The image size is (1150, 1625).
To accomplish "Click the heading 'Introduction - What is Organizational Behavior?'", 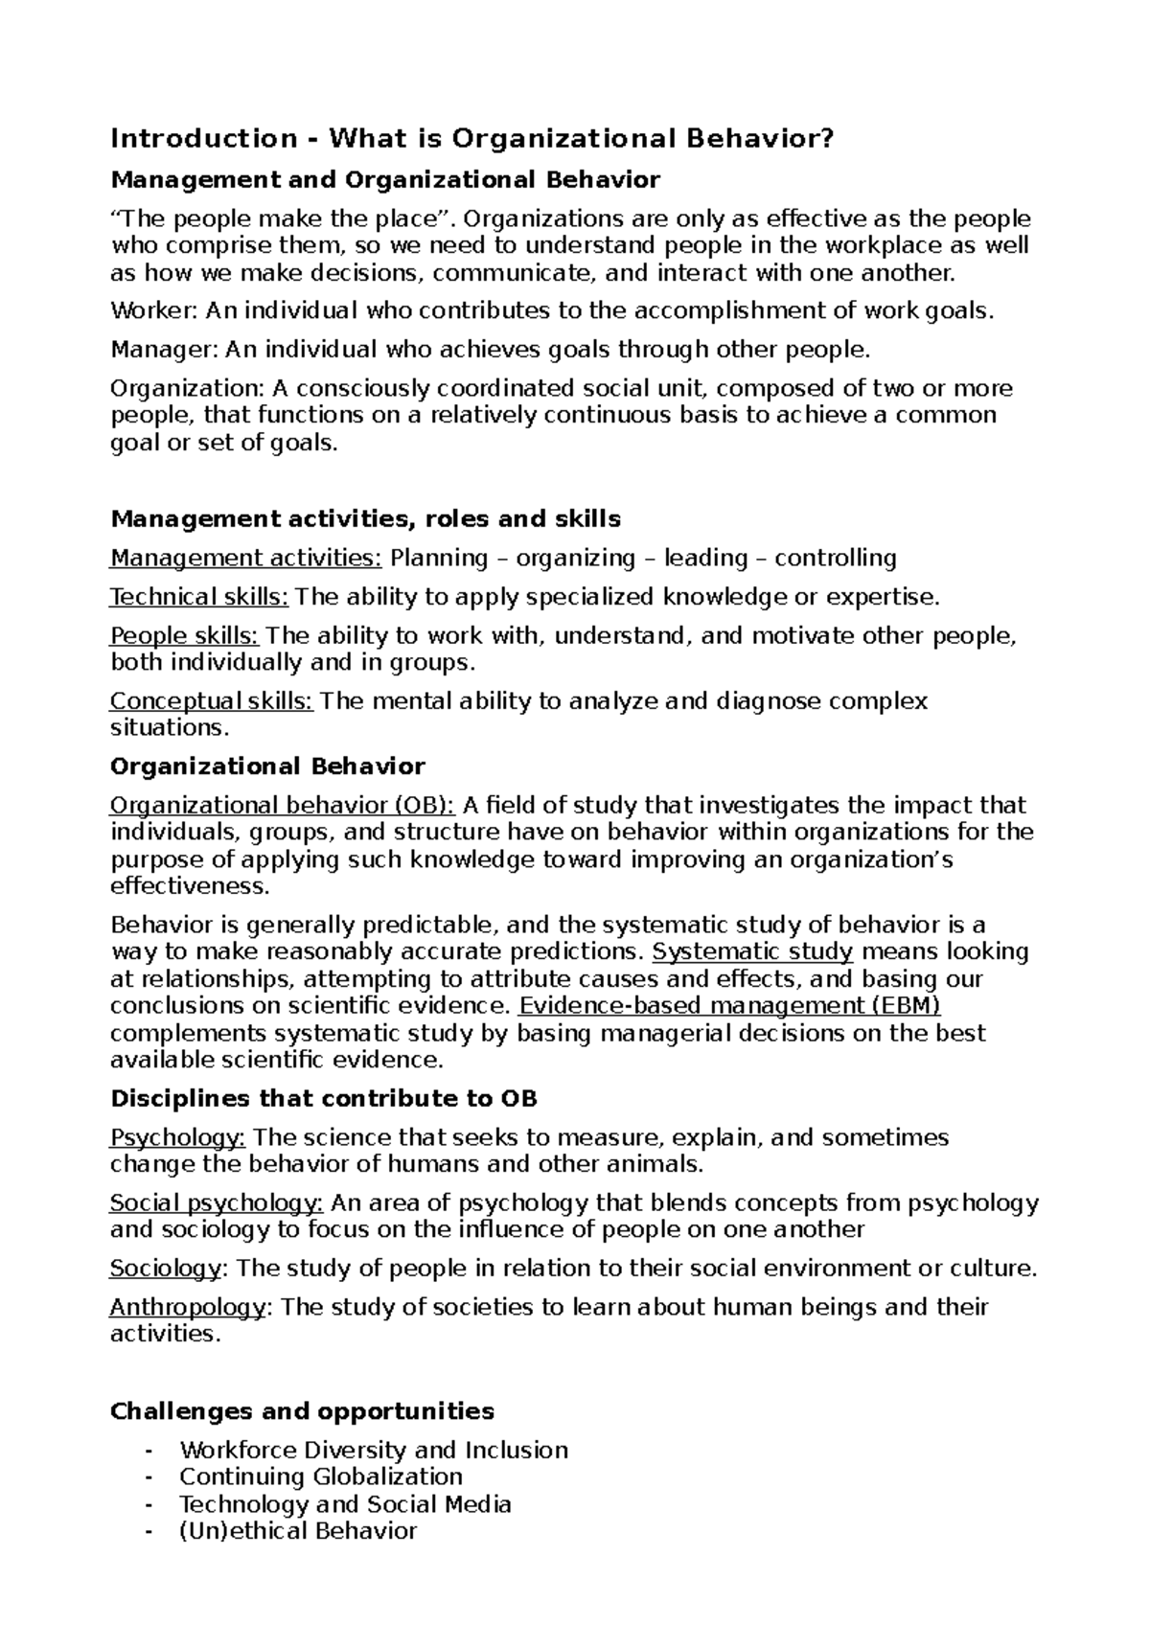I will coord(472,139).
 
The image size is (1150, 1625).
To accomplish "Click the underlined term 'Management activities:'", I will coord(246,558).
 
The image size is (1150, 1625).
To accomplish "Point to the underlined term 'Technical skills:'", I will coord(199,597).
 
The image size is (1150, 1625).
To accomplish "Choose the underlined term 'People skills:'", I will coord(184,636).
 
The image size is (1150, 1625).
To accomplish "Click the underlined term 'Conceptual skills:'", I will coord(212,701).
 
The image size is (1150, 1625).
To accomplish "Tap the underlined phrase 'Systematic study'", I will coord(752,951).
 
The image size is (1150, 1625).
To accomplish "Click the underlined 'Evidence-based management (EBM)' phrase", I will coord(729,1006).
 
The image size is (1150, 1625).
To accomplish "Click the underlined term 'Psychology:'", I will coord(178,1137).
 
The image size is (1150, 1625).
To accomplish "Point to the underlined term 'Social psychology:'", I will coord(217,1203).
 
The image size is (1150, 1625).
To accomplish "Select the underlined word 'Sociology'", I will coord(166,1269).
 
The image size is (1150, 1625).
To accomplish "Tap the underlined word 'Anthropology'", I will coord(188,1308).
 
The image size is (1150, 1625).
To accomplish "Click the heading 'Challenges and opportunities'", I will coord(303,1411).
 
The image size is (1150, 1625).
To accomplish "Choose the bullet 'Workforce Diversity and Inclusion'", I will coord(374,1451).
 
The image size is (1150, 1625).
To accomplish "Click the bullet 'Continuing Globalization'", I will coord(321,1477).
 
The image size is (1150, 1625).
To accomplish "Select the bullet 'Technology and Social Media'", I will coord(345,1504).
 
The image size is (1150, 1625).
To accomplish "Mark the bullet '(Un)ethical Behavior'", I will coord(298,1531).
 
